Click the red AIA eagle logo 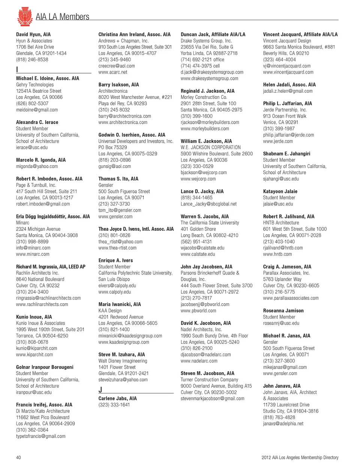pyautogui.click(x=25, y=16)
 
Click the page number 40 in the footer pyautogui.click(x=18, y=457)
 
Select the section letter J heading pyautogui.click(x=100, y=390)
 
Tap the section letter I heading pyautogui.click(x=17, y=69)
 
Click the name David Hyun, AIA pyautogui.click(x=33, y=35)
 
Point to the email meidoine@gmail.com pyautogui.click(x=37, y=110)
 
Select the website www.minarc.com pyautogui.click(x=33, y=254)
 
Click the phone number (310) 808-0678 pyautogui.click(x=32, y=342)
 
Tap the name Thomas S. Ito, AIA pyautogui.click(x=118, y=179)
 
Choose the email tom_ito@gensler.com pyautogui.click(x=120, y=210)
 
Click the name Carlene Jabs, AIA pyautogui.click(x=117, y=399)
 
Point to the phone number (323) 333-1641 pyautogui.click(x=114, y=405)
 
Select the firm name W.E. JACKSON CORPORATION pyautogui.click(x=210, y=147)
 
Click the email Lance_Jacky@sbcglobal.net pyautogui.click(x=208, y=204)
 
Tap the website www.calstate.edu pyautogui.click(x=198, y=254)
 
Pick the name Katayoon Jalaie pyautogui.click(x=280, y=191)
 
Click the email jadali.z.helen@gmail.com pyautogui.click(x=288, y=91)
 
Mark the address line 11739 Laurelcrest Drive pyautogui.click(x=286, y=405)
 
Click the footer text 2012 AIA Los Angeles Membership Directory pyautogui.click(x=300, y=457)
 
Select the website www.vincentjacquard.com pyautogui.click(x=288, y=72)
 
